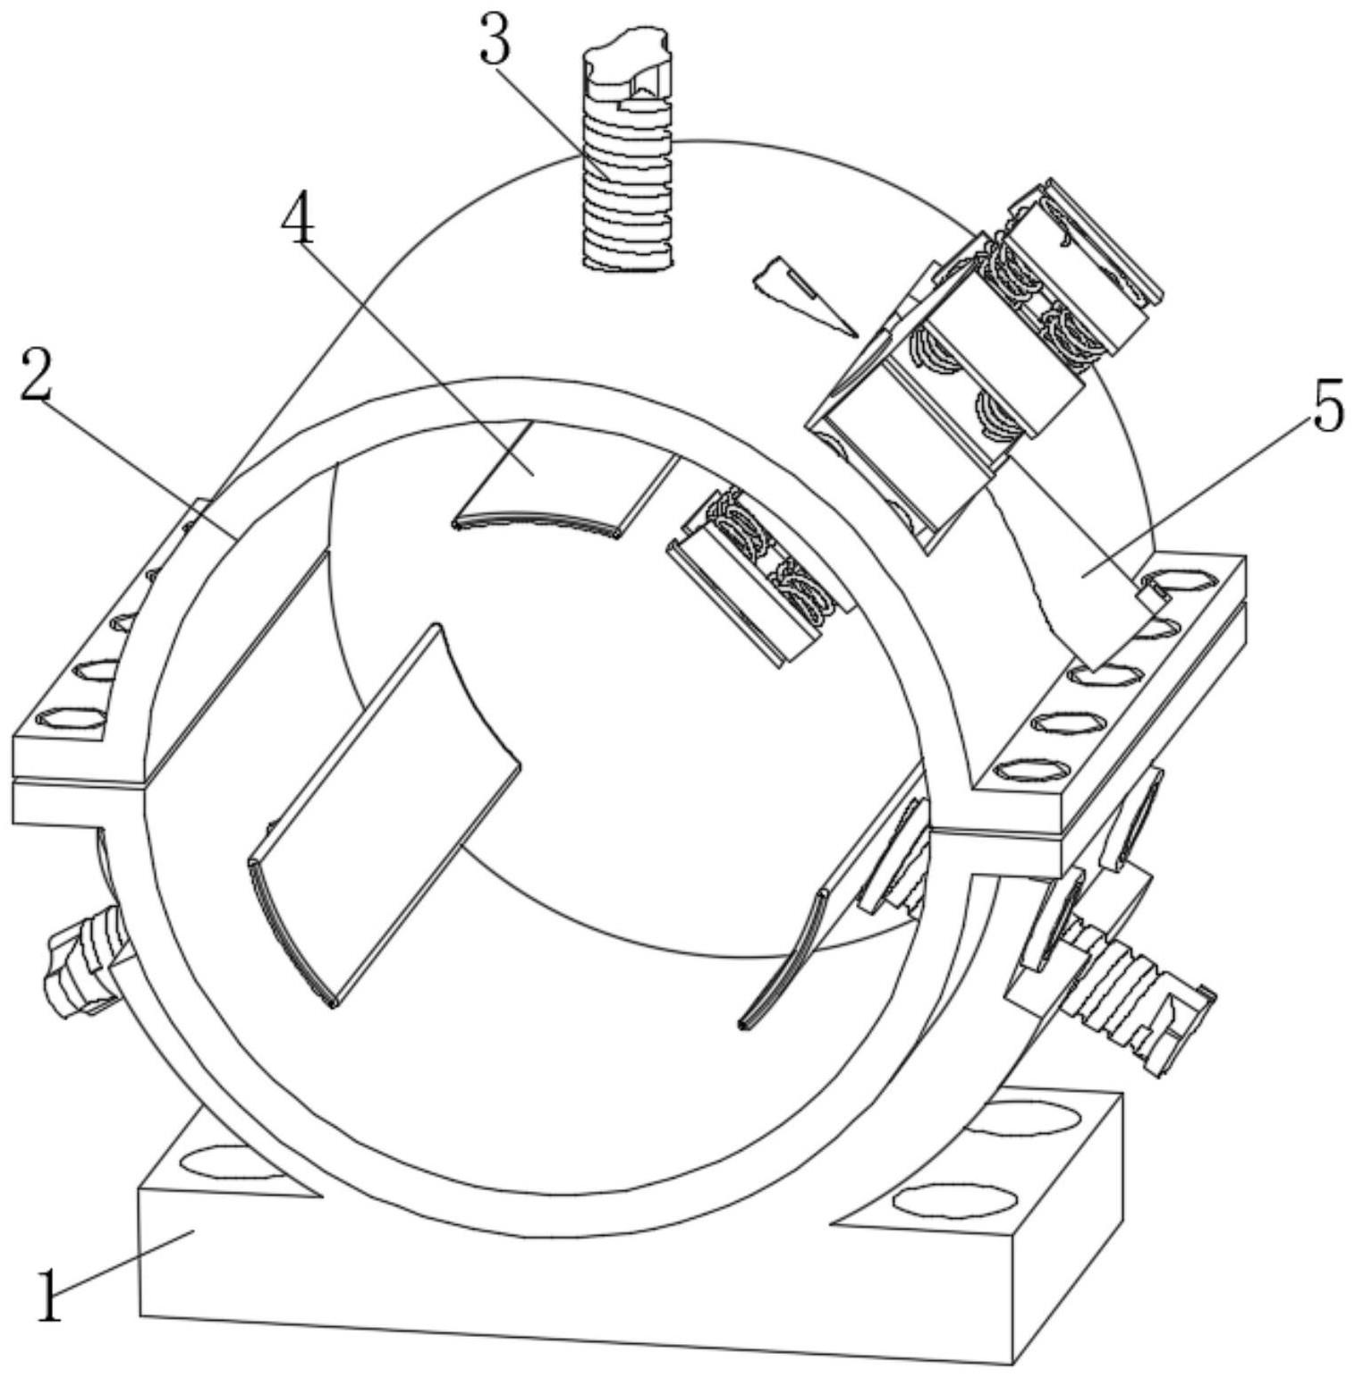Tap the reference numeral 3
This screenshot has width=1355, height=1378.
tap(495, 41)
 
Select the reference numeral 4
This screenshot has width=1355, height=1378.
tap(298, 220)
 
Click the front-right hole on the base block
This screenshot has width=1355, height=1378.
tap(954, 1200)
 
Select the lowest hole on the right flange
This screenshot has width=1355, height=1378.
tap(1031, 769)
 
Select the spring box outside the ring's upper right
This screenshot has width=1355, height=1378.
tap(984, 358)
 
